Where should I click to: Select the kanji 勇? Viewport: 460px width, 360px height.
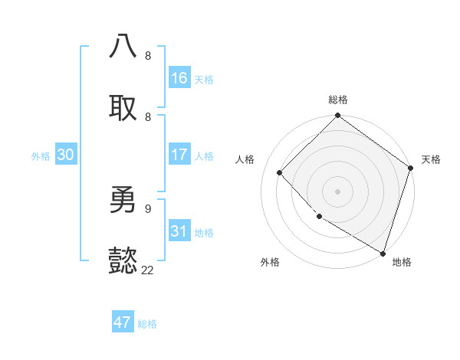123,200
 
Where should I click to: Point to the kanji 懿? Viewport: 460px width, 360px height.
123,261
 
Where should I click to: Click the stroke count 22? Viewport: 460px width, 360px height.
148,270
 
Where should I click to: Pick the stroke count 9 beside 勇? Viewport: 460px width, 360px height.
148,208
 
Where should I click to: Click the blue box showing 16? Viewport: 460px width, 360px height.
179,78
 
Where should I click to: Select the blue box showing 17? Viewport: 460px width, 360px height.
179,155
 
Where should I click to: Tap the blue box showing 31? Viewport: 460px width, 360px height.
179,231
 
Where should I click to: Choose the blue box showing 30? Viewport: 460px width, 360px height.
66,155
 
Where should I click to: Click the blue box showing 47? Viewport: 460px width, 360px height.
123,322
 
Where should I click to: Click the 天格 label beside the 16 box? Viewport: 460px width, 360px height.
204,80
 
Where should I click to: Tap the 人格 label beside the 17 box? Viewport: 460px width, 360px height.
204,156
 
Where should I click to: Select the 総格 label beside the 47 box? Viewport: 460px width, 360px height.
147,324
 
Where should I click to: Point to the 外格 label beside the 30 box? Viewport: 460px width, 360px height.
41,156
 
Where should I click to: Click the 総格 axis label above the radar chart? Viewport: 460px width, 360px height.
338,100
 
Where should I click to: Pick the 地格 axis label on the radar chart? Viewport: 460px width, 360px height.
402,262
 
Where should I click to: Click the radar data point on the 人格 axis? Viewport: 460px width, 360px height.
280,172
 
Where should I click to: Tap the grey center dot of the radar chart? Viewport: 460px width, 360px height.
338,191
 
